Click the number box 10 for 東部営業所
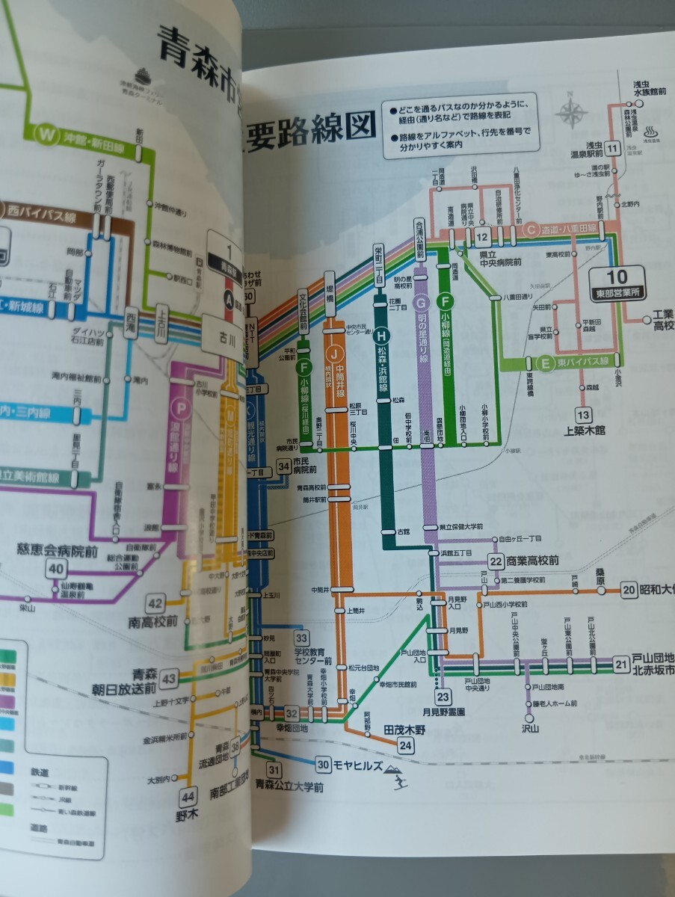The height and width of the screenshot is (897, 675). pyautogui.click(x=626, y=274)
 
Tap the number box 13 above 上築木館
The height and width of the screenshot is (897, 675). pyautogui.click(x=583, y=415)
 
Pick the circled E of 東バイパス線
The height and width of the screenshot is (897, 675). pyautogui.click(x=546, y=363)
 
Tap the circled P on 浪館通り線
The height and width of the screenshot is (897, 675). pyautogui.click(x=179, y=407)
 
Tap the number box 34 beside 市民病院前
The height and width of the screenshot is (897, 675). pyautogui.click(x=283, y=468)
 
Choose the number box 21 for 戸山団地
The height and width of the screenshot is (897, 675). pyautogui.click(x=621, y=663)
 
